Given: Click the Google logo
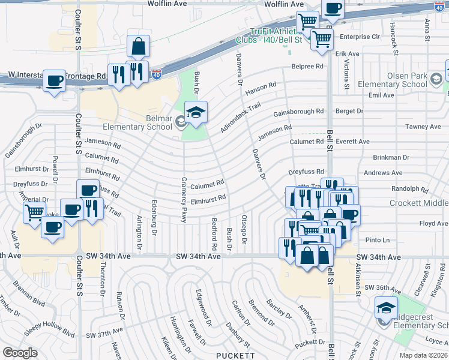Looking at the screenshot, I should point(20,353).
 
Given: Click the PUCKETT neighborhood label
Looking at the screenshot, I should point(236,355).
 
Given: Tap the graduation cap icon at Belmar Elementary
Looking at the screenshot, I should point(196,112).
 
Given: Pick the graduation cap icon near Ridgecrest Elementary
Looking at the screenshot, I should point(385,308).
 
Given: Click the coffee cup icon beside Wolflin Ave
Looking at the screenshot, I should point(332,9).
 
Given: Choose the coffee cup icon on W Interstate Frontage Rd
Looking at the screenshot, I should point(54,80).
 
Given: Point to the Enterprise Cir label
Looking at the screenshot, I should point(360,37).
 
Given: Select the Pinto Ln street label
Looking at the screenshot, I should point(378,240).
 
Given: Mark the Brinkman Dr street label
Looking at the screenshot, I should point(390,157).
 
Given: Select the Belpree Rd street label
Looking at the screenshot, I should point(307,67).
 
